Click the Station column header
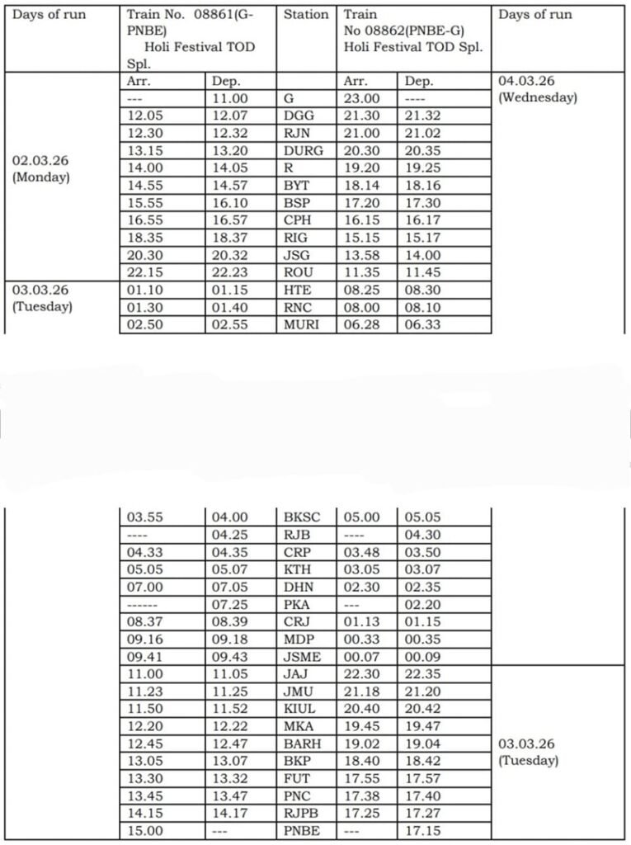click(x=305, y=15)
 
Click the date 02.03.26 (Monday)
click(x=40, y=169)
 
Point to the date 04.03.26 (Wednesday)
click(x=538, y=89)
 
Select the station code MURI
click(x=304, y=324)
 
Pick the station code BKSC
click(x=304, y=517)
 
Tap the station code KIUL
click(x=303, y=709)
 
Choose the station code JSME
click(x=304, y=657)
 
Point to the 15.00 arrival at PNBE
click(x=145, y=831)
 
